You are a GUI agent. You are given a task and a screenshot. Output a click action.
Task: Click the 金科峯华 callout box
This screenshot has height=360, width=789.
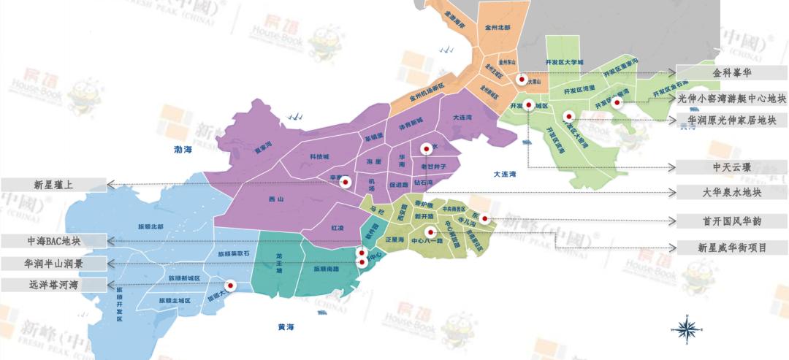click(731, 73)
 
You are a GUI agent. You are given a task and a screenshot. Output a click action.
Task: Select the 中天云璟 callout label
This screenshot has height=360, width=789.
click(731, 167)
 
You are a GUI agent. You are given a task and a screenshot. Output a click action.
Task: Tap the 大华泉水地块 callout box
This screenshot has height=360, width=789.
click(731, 193)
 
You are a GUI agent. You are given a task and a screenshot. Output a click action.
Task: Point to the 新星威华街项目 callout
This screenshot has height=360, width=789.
click(731, 248)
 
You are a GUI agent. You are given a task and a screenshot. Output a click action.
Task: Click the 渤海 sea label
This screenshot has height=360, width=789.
click(183, 150)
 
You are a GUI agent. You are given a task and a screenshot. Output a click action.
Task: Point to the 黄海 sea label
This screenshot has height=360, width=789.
click(286, 326)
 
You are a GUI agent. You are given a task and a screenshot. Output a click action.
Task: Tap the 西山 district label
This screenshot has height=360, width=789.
click(276, 198)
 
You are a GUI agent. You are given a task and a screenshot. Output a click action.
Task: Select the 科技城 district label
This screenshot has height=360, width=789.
click(319, 156)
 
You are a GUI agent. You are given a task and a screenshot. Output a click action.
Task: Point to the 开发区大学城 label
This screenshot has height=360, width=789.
click(564, 63)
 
